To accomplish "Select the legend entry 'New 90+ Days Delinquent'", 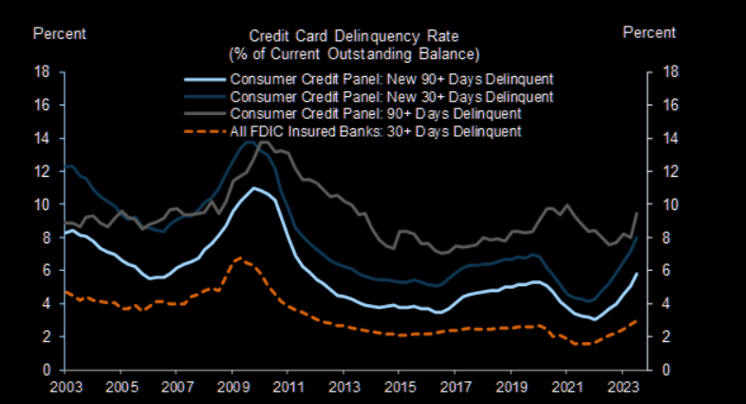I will point(392,78).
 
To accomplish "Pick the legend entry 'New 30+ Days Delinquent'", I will point(392,96).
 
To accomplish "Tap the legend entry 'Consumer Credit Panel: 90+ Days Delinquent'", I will point(377,113).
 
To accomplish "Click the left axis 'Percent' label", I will point(60,33).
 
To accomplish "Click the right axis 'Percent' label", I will point(649,32).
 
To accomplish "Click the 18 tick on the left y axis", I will point(42,71).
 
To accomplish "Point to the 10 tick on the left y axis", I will point(42,204).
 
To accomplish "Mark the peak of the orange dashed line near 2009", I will point(239,258).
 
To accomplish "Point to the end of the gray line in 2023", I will point(636,213).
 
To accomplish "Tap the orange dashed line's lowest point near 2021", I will point(583,344).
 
